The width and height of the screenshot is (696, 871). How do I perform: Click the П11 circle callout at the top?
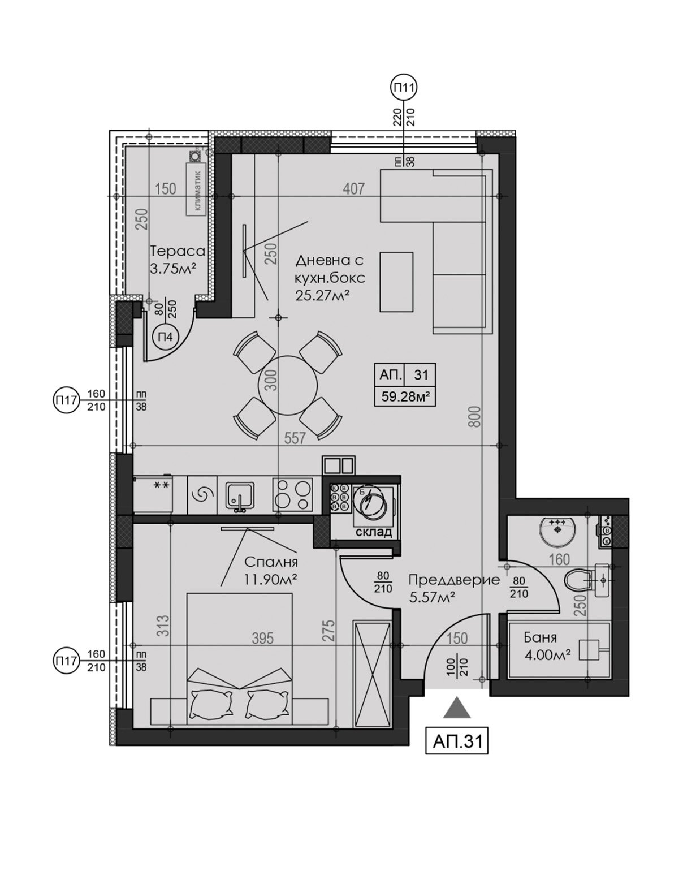point(404,88)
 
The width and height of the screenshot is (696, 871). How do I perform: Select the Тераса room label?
point(177,251)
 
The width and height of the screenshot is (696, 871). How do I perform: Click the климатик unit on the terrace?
point(196,189)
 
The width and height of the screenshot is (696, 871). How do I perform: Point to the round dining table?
point(287,385)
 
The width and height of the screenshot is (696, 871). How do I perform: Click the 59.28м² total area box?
point(405,396)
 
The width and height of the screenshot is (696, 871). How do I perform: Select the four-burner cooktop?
point(292,494)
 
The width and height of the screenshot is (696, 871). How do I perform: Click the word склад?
point(374,532)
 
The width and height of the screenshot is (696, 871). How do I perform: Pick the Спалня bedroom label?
point(271,562)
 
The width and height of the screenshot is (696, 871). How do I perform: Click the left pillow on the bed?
point(211,704)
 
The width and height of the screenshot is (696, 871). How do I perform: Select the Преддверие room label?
point(454,580)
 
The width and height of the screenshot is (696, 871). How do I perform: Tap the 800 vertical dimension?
point(474,416)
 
